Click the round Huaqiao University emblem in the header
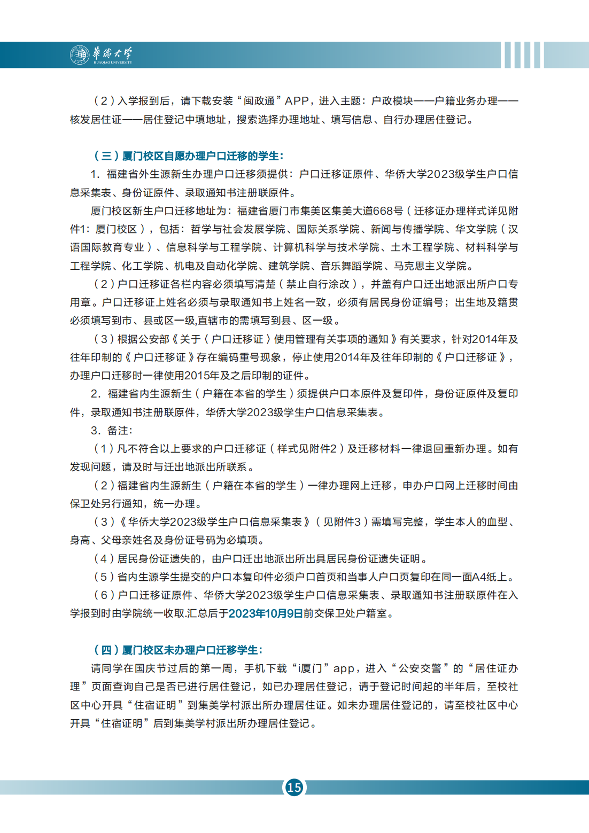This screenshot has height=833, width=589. (80, 55)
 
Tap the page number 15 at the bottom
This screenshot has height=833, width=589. (294, 787)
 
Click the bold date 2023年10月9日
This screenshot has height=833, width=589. (266, 613)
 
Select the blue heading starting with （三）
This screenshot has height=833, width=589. (188, 156)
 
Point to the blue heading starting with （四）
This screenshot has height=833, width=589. (178, 650)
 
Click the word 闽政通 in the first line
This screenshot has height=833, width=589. (259, 101)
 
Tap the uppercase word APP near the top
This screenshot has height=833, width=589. (297, 101)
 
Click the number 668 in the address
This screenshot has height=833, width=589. (383, 211)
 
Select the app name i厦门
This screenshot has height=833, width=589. (311, 668)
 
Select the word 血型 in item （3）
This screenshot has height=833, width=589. (497, 522)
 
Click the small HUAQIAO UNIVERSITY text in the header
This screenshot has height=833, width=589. (113, 63)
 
